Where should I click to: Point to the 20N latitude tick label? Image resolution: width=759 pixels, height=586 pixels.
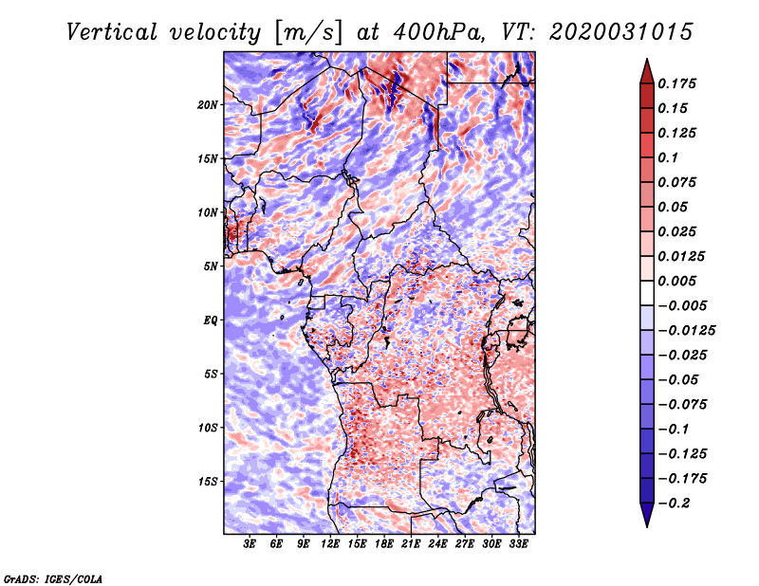pos(208,104)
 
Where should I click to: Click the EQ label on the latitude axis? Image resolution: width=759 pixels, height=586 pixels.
pos(211,320)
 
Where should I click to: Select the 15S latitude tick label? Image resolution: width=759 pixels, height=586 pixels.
pos(208,482)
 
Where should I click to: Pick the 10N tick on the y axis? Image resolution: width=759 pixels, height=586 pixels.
pos(208,212)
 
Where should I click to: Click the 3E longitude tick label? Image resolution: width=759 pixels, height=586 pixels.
pos(250,544)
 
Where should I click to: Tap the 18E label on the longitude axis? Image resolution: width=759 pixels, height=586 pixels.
pos(385,544)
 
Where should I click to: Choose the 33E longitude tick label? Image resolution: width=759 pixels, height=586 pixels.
pos(519,544)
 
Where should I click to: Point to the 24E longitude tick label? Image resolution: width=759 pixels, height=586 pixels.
pos(438,544)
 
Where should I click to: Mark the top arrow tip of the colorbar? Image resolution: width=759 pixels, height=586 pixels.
pos(645,61)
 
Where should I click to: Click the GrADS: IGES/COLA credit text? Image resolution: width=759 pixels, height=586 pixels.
pos(53,577)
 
